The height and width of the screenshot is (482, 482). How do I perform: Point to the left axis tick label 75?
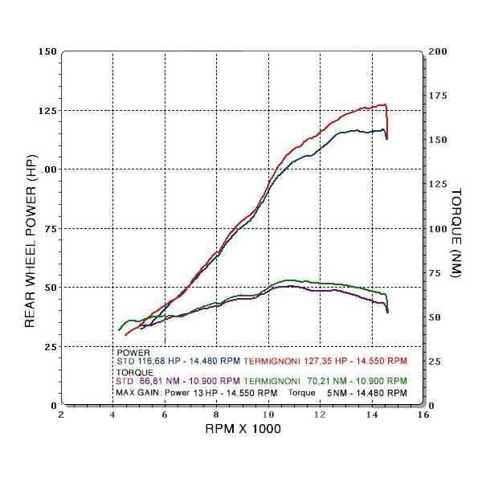click(51, 228)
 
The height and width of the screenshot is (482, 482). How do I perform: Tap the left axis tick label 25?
click(51, 346)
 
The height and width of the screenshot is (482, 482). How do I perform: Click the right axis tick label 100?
click(439, 228)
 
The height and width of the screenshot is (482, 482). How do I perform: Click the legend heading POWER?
click(133, 353)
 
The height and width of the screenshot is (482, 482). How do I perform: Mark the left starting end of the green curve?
click(119, 330)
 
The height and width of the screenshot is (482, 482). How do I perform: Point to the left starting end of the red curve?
click(125, 335)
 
